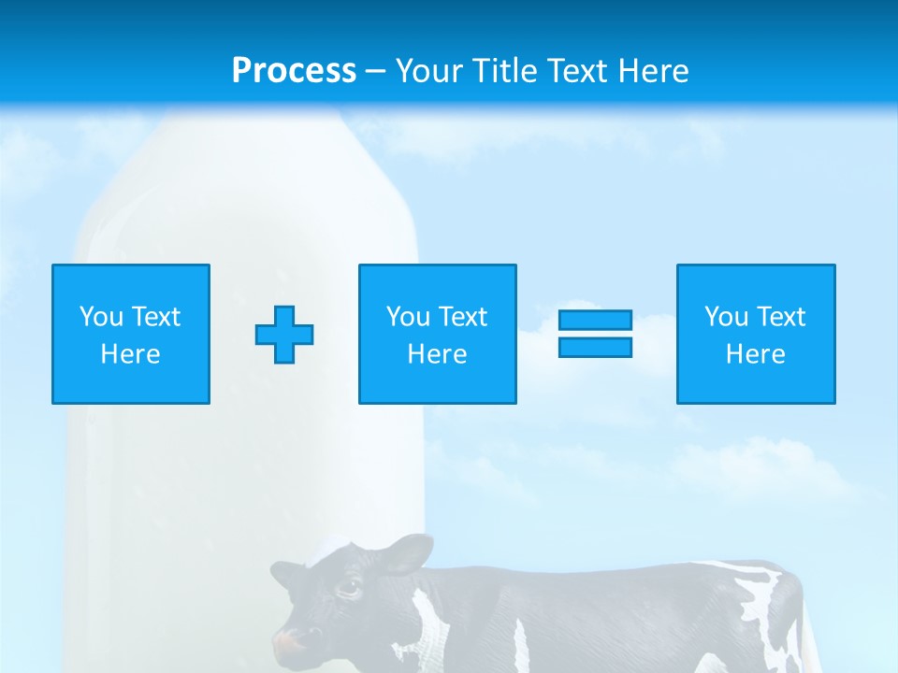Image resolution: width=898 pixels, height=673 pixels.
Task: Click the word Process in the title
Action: tap(294, 71)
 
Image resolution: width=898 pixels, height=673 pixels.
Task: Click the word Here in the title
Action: tap(654, 71)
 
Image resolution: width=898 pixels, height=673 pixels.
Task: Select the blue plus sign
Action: tap(284, 335)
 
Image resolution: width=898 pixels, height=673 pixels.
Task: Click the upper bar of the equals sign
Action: tap(595, 321)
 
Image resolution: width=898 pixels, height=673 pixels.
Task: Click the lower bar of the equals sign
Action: tap(595, 347)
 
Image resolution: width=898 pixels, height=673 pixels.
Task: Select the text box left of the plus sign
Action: tap(131, 334)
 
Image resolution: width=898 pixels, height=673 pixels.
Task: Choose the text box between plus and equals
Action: tap(438, 334)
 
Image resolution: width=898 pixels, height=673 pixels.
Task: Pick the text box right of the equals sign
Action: tap(756, 334)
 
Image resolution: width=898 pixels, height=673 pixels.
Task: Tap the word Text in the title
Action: tap(578, 71)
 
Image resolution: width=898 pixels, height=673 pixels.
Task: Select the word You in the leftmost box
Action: tap(100, 317)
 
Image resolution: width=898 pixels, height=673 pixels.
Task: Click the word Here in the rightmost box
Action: tap(756, 354)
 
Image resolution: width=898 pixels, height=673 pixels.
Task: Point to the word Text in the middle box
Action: tap(463, 317)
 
